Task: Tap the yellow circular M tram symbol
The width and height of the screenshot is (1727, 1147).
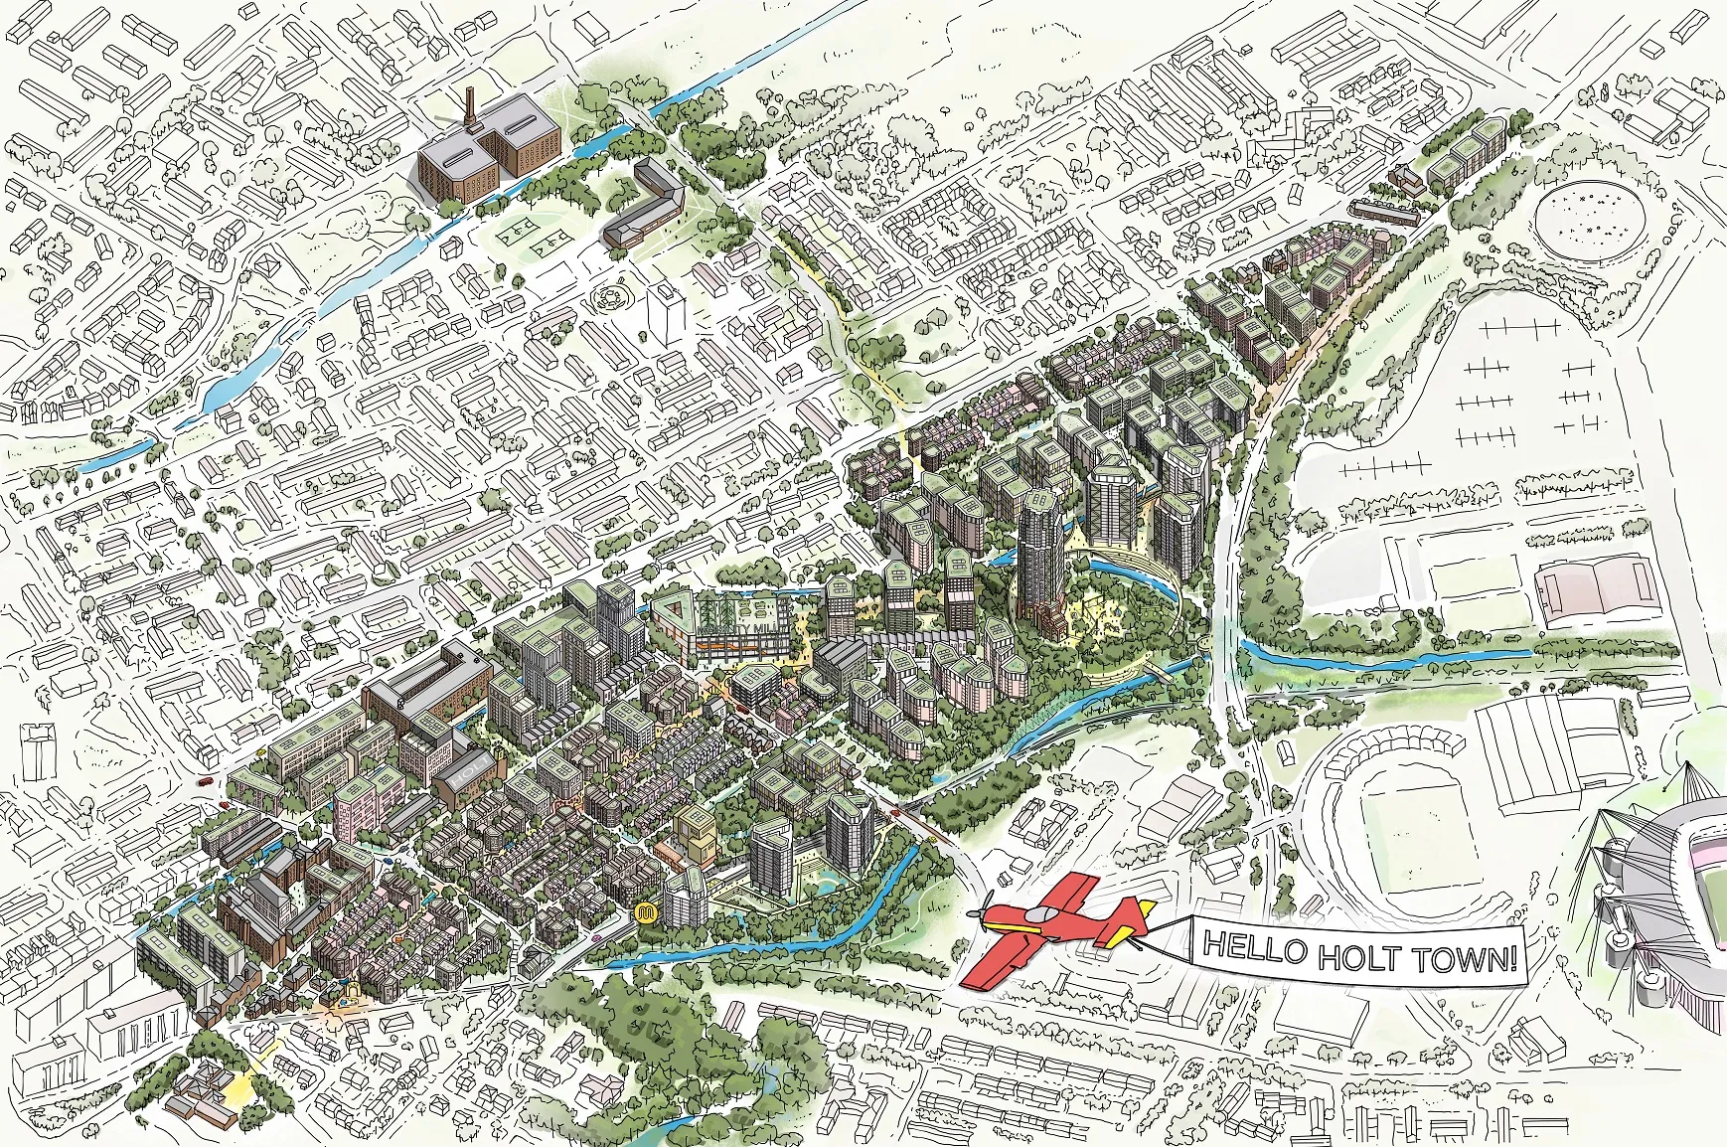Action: tap(647, 912)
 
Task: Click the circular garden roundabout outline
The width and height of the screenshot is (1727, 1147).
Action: tap(606, 295)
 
